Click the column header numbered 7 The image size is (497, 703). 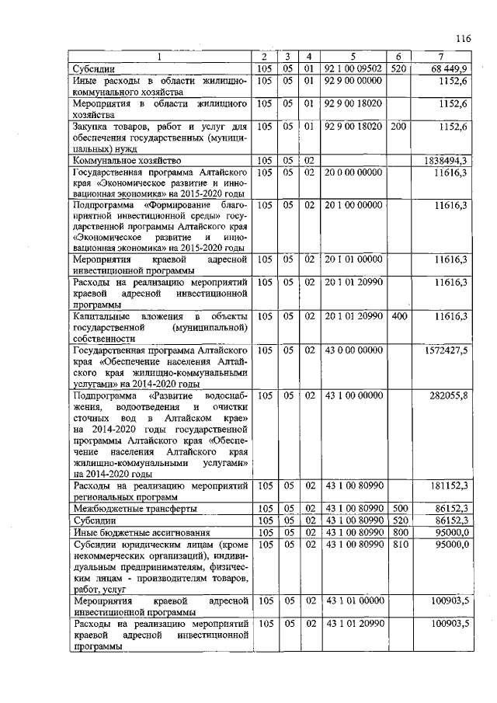[x=442, y=56]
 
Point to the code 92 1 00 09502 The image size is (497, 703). [x=355, y=68]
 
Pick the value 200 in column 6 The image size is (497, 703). [x=399, y=125]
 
